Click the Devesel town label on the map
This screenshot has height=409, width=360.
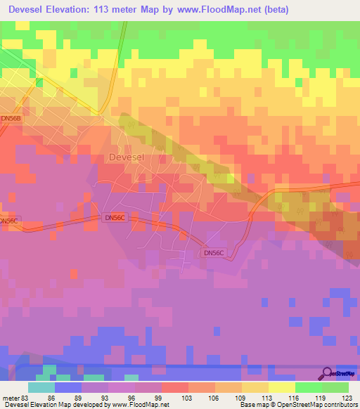tap(127, 158)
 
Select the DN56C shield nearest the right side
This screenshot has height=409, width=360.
tap(214, 252)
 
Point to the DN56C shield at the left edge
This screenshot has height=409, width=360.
tap(8, 221)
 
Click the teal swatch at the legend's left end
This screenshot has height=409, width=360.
tap(41, 387)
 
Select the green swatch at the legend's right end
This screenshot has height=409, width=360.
tap(335, 387)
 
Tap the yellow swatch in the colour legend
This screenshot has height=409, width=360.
tap(282, 387)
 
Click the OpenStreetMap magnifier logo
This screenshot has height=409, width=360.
tap(328, 372)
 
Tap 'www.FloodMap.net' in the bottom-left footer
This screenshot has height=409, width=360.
tap(138, 405)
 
